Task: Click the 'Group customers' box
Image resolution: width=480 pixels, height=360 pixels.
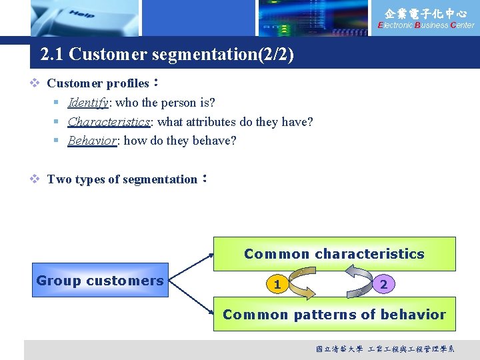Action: pyautogui.click(x=100, y=281)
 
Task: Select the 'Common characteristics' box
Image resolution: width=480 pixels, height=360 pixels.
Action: pyautogui.click(x=334, y=254)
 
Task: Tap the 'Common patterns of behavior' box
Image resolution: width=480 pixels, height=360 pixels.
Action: pyautogui.click(x=334, y=315)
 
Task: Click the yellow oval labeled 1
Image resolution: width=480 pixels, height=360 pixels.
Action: pyautogui.click(x=277, y=285)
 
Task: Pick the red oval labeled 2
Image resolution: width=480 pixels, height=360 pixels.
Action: pyautogui.click(x=383, y=285)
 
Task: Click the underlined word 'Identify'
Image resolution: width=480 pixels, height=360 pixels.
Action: pyautogui.click(x=88, y=103)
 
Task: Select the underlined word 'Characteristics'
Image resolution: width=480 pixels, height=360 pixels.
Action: pyautogui.click(x=109, y=122)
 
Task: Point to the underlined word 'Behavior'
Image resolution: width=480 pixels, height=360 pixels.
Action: pyautogui.click(x=92, y=141)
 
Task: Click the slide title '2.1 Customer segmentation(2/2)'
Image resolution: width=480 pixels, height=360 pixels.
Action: pyautogui.click(x=167, y=54)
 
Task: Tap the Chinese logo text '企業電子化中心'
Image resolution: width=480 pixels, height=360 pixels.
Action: pyautogui.click(x=427, y=13)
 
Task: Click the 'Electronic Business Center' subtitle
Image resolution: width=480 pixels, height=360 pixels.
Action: pyautogui.click(x=426, y=25)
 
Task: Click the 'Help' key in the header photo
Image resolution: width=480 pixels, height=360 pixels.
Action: pyautogui.click(x=81, y=14)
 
